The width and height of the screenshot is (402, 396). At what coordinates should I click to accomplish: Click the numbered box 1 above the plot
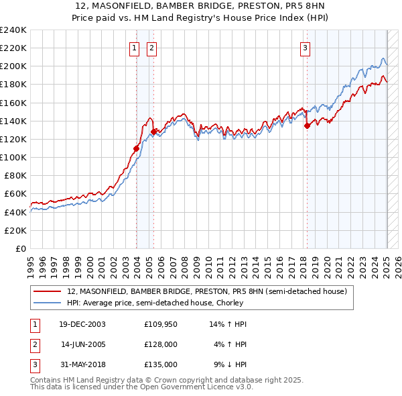pos(135,48)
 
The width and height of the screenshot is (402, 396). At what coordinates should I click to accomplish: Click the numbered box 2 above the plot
pos(152,48)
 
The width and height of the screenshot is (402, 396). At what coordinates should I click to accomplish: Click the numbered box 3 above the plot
pos(306,48)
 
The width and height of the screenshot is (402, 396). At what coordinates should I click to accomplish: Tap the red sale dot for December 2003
pos(137,148)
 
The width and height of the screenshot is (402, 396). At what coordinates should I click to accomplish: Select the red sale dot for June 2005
pos(154,132)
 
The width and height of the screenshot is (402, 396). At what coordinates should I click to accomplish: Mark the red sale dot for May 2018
pos(307,125)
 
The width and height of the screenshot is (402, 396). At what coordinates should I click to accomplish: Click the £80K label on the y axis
pos(15,175)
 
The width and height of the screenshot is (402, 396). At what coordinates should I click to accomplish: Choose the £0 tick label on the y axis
pos(21,248)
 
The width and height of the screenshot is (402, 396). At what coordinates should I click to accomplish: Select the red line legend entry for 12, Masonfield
pos(207,291)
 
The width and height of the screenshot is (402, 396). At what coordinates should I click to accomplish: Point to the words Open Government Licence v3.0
pos(197,387)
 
